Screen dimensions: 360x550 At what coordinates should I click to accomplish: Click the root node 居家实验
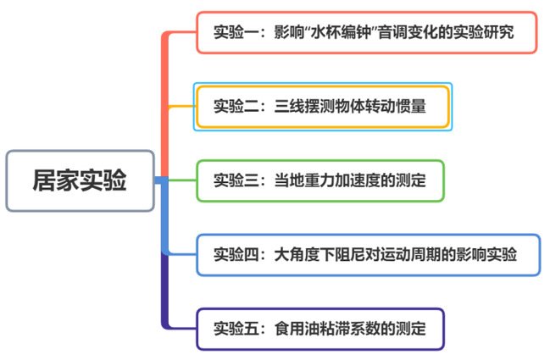(81, 180)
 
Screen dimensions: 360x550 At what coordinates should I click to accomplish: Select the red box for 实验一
(366, 33)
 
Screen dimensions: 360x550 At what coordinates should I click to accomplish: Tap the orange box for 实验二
(322, 108)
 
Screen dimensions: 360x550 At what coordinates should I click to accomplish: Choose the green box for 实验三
(319, 180)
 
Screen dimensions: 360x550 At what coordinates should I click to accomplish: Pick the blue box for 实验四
(366, 254)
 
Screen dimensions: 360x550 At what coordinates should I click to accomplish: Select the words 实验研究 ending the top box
(486, 33)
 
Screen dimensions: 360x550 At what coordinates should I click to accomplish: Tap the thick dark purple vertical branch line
(164, 292)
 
